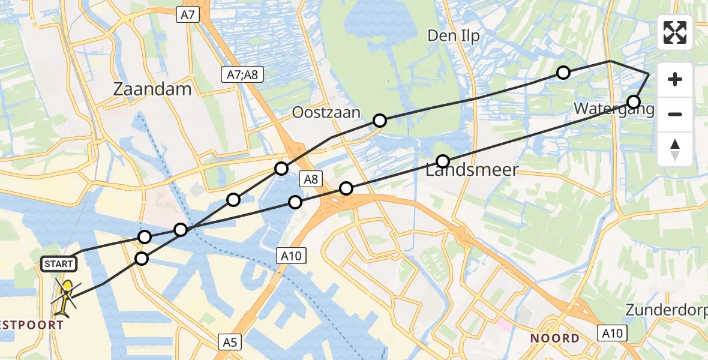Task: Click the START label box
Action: point(58,263)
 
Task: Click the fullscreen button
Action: point(675,32)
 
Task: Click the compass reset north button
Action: point(675,149)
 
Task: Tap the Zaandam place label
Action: point(152,89)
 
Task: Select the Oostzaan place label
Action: point(326,112)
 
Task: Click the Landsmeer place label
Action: point(472,170)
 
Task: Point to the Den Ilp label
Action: point(454,36)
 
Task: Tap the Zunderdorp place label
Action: point(666,310)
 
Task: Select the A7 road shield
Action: point(188,16)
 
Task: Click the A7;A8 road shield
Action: point(242,74)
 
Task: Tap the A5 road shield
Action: point(230,343)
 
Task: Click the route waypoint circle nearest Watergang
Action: point(633,101)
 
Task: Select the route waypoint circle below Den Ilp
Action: point(563,73)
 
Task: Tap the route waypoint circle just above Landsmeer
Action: point(442,161)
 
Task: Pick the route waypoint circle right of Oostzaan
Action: point(379,121)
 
